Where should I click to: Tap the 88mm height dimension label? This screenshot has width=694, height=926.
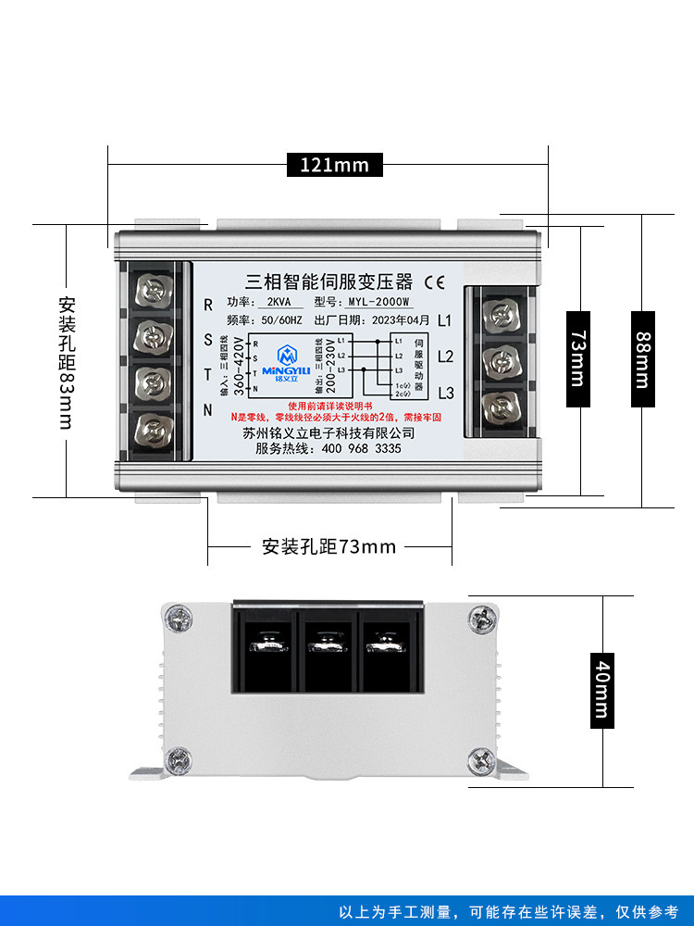642,359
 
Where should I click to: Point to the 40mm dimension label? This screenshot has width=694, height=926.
602,689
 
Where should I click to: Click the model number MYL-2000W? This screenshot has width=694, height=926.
378,302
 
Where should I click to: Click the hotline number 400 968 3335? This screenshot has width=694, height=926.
354,448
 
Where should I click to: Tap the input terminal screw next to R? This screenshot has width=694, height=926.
155,290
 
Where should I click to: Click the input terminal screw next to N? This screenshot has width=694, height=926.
155,429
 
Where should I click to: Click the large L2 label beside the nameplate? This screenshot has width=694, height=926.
445,357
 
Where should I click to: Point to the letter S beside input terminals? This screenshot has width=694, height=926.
208,339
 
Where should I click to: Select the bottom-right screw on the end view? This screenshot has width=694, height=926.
480,761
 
